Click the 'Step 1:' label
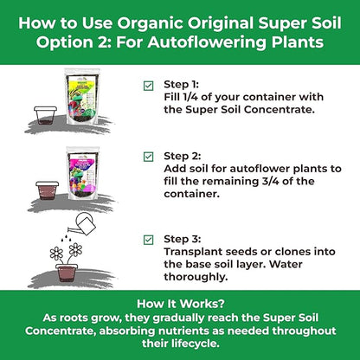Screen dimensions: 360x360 181,84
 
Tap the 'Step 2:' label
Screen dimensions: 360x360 181,157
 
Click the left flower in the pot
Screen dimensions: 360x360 57,253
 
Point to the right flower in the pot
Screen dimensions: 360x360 75,249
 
